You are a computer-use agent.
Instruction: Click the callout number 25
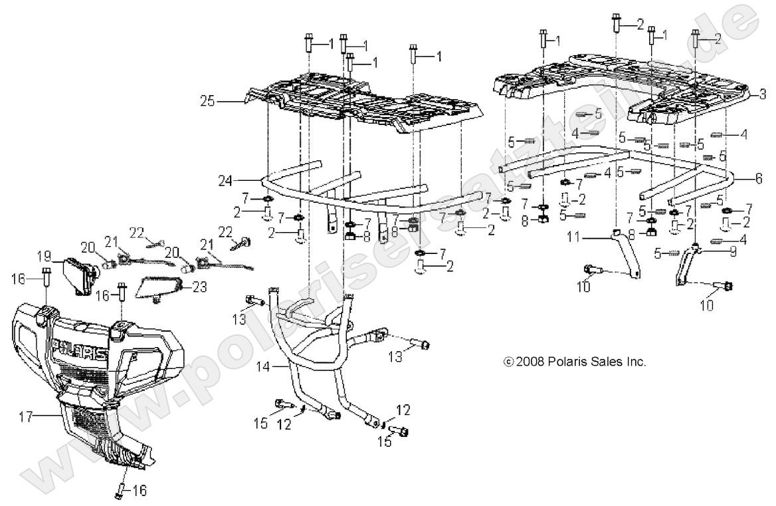[x=209, y=101]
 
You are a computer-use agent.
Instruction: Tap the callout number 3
[x=763, y=92]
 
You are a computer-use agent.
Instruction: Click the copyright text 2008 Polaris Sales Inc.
[x=575, y=362]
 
